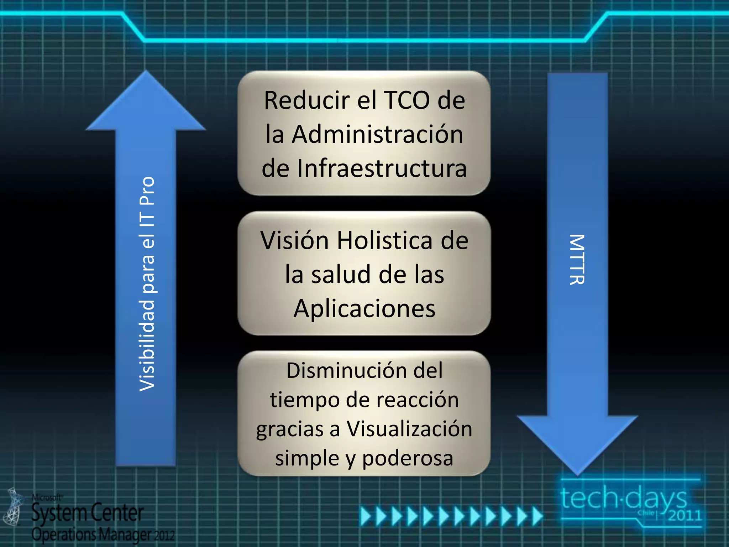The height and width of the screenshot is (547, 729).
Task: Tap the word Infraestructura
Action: coord(382,168)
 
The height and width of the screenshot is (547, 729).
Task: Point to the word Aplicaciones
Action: coord(364,308)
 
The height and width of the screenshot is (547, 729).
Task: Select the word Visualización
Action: coord(410,429)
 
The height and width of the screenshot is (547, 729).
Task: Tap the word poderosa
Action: coord(408,458)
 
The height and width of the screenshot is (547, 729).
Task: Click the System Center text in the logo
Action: coord(88,513)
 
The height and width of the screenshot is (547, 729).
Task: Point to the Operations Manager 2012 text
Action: coord(103,534)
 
